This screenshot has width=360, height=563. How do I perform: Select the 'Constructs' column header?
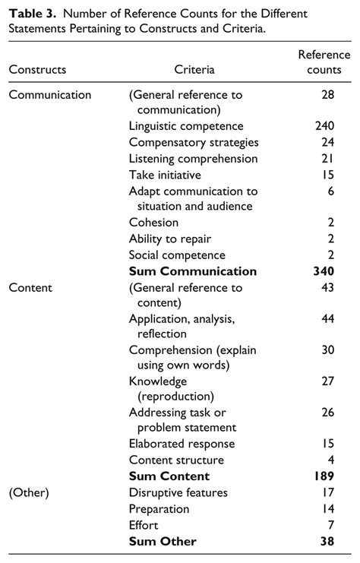coord(37,70)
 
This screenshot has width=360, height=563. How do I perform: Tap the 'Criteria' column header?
coord(194,70)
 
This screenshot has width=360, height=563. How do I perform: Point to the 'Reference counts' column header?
coord(324,62)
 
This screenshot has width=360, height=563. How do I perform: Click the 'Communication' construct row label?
coord(50,95)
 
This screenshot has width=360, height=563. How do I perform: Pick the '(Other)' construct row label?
coord(29,493)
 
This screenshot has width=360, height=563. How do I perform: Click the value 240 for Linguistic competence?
coord(324,126)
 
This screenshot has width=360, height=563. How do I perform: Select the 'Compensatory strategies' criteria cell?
coord(194,142)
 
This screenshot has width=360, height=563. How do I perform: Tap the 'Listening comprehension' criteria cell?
coord(194,159)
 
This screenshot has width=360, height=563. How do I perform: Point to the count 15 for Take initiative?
coord(327,175)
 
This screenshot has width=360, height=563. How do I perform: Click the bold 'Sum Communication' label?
coord(193,271)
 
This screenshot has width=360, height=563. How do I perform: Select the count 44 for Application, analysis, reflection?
coord(327,318)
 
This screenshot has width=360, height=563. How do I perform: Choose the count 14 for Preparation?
coord(327,509)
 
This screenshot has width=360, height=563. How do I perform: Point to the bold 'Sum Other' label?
coord(163,542)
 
